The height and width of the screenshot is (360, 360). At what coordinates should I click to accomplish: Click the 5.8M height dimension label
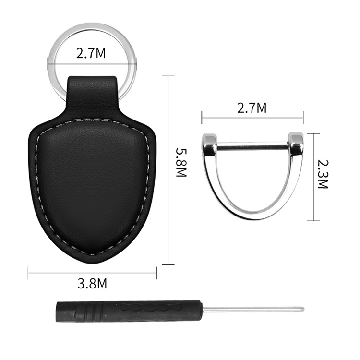[181, 163]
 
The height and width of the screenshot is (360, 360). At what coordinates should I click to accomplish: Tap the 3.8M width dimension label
[92, 284]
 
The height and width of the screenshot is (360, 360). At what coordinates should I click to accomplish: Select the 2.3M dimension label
[323, 174]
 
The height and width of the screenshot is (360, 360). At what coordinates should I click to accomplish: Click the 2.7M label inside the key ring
[91, 53]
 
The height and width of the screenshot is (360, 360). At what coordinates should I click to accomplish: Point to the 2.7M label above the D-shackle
[252, 108]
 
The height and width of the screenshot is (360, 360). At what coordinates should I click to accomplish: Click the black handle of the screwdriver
[129, 311]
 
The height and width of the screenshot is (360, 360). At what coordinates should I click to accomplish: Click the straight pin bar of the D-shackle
[252, 146]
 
